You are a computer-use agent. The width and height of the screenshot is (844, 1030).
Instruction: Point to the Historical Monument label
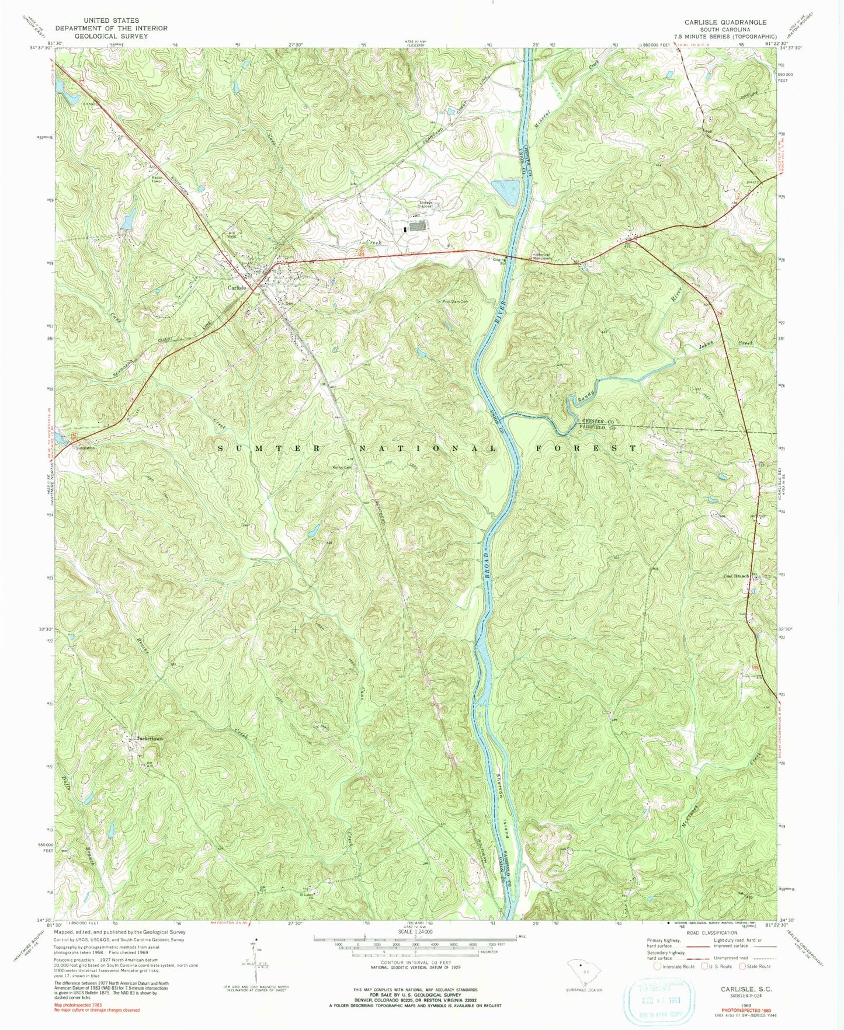click(x=530, y=256)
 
